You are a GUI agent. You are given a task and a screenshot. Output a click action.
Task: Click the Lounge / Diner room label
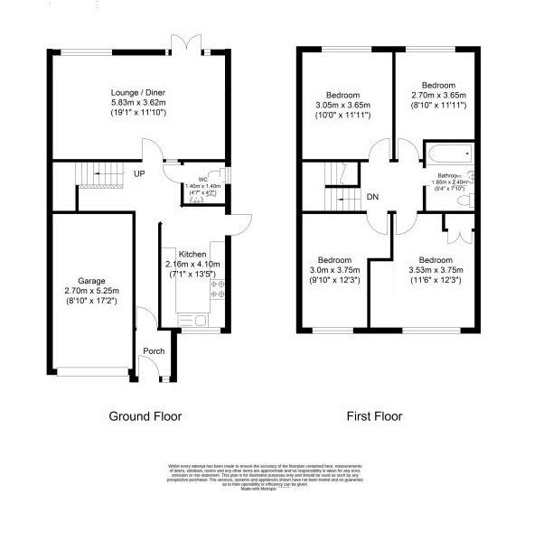136,93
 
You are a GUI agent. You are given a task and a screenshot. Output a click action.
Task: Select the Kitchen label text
192,254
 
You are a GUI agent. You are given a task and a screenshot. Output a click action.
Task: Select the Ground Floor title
145,416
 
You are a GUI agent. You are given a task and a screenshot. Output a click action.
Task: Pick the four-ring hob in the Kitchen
217,289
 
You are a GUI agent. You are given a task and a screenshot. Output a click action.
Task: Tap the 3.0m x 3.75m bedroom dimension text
335,269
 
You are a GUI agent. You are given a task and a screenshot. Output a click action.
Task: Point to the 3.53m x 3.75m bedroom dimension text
436,269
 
